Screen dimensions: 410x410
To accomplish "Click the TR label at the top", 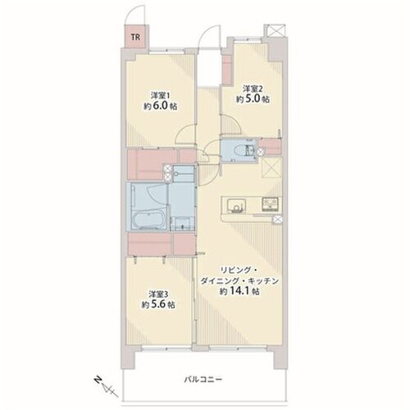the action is [x=135, y=37].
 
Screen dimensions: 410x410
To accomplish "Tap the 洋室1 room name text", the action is [x=161, y=96].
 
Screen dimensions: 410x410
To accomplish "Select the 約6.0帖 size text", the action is [x=161, y=106].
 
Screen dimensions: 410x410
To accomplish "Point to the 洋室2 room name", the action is [x=253, y=89].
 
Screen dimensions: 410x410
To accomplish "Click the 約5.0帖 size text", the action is [x=253, y=99].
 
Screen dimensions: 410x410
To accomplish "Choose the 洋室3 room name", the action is [x=158, y=294].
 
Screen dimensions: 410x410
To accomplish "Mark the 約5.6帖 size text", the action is [x=158, y=304].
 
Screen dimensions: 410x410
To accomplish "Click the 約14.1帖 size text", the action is [x=239, y=292].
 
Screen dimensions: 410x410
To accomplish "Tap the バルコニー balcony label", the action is [x=203, y=380].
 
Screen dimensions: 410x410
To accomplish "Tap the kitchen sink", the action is [x=235, y=205].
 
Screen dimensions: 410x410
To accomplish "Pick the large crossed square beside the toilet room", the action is [x=271, y=168].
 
